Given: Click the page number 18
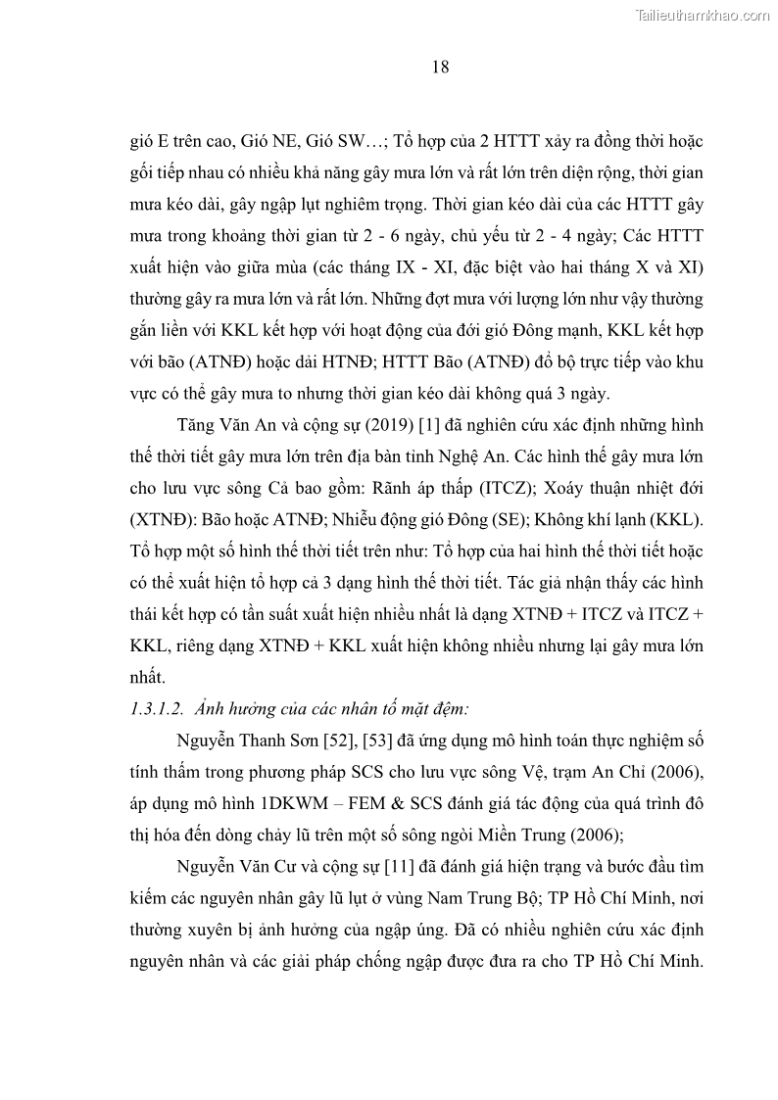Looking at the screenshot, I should pyautogui.click(x=439, y=68).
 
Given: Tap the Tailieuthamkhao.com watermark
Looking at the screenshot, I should pyautogui.click(x=704, y=15).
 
